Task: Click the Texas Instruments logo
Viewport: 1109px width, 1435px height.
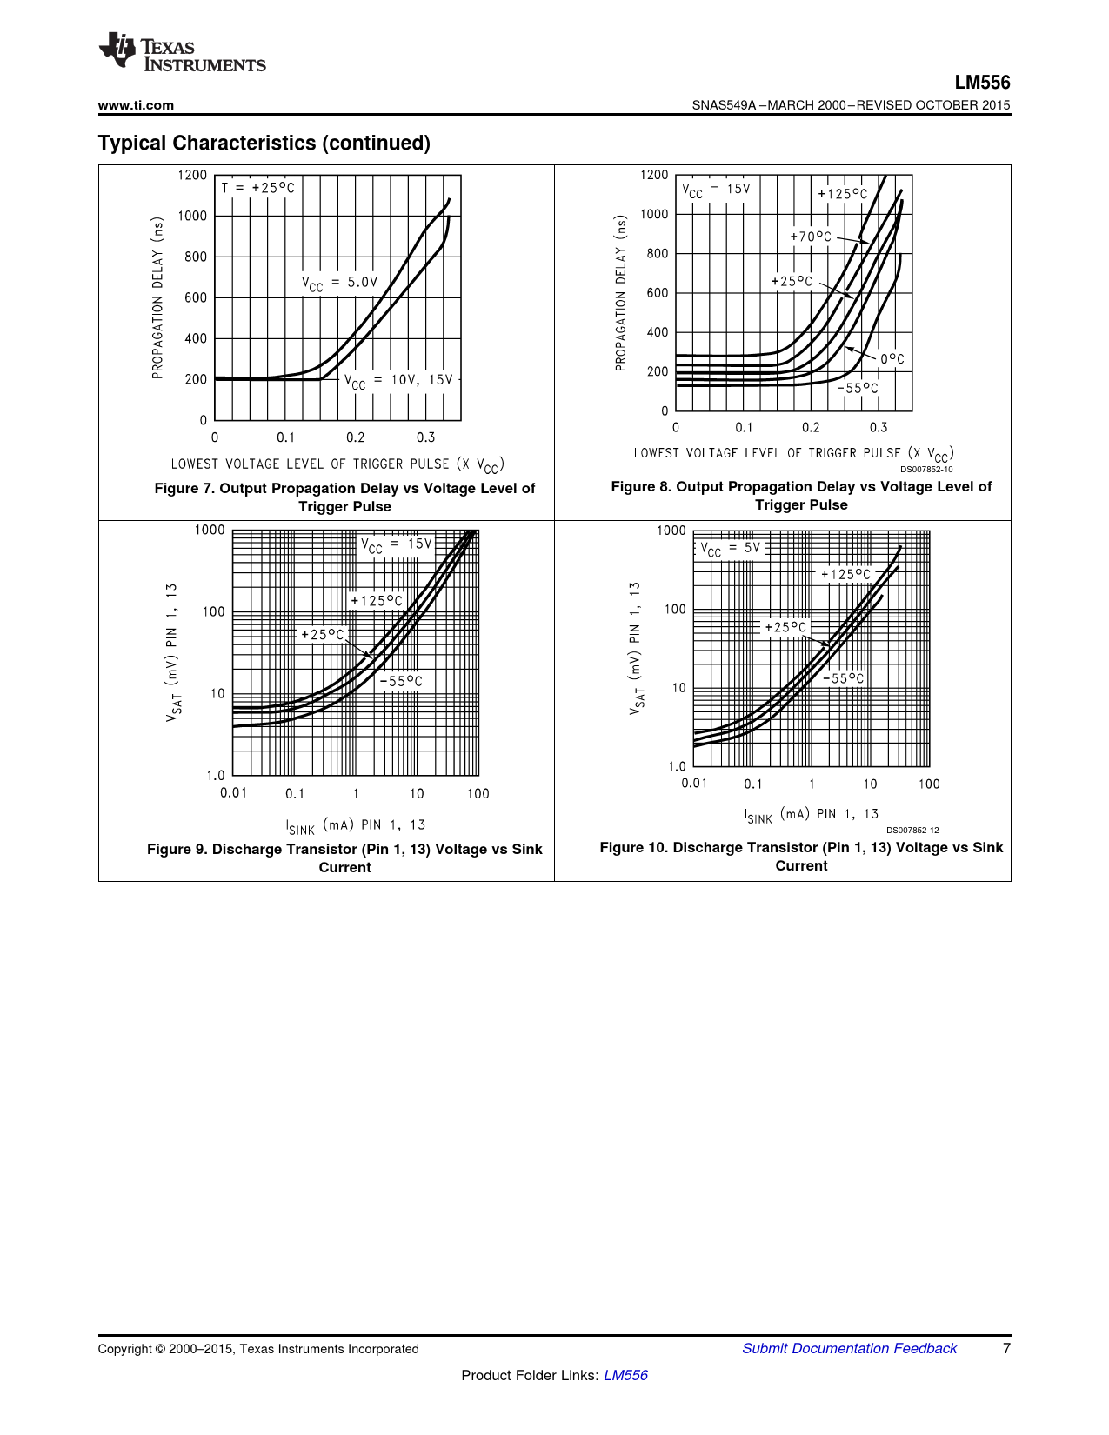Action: (182, 52)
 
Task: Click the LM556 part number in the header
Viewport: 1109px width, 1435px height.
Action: (982, 83)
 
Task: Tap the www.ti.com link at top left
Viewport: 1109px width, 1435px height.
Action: (136, 105)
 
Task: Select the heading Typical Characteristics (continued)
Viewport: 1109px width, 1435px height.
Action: (264, 143)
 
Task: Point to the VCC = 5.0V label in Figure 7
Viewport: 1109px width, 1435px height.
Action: (339, 283)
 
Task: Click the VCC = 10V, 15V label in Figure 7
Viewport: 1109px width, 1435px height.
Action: (398, 381)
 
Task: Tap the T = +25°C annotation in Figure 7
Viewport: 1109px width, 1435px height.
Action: (257, 188)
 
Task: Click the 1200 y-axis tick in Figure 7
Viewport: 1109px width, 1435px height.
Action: (192, 175)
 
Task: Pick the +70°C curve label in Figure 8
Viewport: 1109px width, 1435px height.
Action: (811, 237)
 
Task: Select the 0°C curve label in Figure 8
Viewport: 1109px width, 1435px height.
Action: (892, 359)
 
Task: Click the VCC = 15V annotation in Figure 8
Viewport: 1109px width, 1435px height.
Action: (716, 190)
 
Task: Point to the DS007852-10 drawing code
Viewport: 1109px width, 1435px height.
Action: (926, 470)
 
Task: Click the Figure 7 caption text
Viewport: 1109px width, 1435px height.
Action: (344, 497)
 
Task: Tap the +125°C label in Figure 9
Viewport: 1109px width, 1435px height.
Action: (377, 601)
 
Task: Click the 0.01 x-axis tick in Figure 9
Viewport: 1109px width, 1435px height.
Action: (233, 793)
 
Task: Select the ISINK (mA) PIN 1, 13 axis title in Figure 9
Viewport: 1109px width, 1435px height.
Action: (356, 825)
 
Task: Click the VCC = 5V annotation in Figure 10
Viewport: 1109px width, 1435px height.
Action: (731, 549)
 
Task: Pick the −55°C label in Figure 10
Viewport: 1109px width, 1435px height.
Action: (844, 678)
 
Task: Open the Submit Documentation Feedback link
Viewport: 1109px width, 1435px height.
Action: (849, 1348)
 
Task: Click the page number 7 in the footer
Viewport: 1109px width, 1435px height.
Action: (1006, 1348)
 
